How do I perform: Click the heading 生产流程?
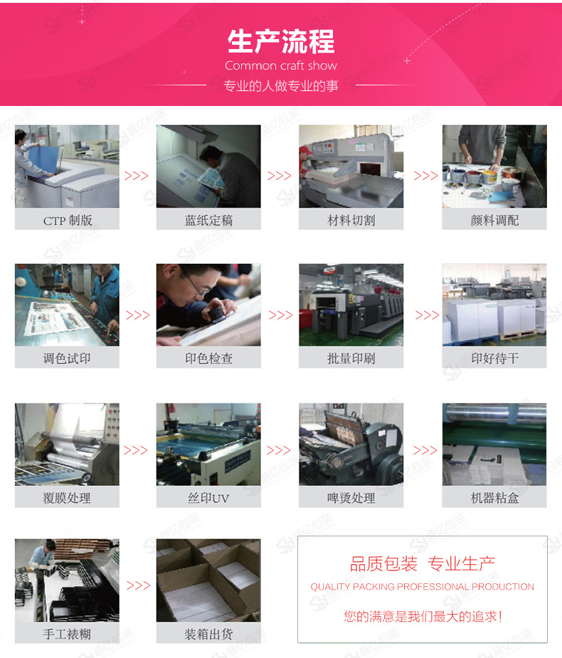tap(281, 42)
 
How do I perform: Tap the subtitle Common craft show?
tap(281, 65)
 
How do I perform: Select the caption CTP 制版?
tap(68, 221)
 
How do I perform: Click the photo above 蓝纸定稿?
tap(208, 166)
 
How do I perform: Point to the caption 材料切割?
tap(351, 221)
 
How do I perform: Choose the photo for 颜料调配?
tap(494, 166)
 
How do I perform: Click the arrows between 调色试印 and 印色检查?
tap(138, 315)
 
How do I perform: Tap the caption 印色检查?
tap(208, 359)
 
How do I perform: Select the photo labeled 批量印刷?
tap(351, 304)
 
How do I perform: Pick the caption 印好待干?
tap(494, 359)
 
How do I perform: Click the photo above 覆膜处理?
tap(67, 444)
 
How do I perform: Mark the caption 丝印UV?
tap(208, 498)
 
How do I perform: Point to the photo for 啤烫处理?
tap(351, 444)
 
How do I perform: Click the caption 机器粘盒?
tap(494, 498)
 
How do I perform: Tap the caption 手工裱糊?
tap(67, 633)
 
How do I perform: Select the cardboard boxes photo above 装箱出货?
tap(208, 580)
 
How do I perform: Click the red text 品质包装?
tap(383, 565)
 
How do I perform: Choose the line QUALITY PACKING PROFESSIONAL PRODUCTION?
tap(422, 587)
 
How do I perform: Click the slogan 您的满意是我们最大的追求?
tap(423, 616)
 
